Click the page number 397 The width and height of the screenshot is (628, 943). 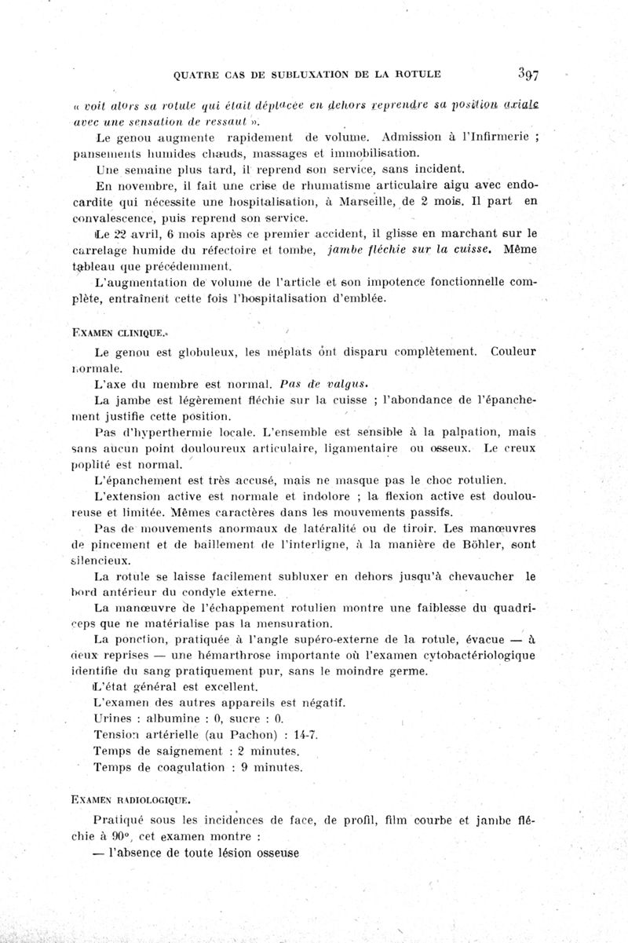[531, 75]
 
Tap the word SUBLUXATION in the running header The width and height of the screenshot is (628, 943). [301, 75]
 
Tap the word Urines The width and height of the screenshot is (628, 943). [111, 719]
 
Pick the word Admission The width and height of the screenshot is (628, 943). [411, 138]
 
